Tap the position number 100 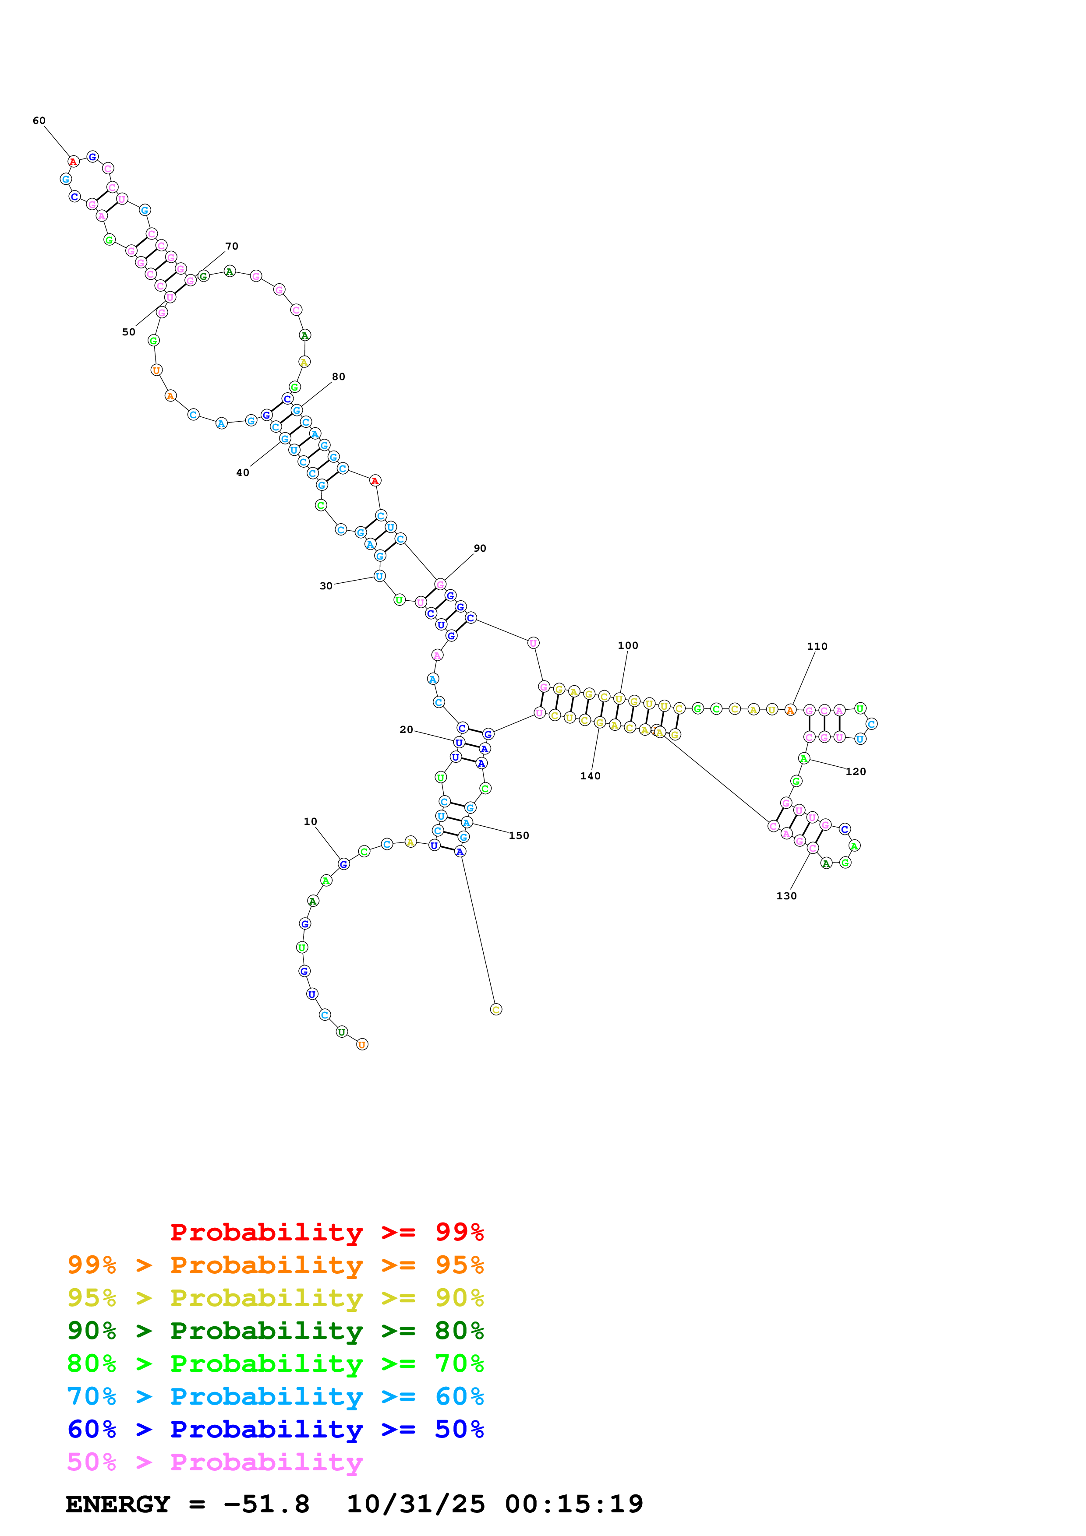pos(628,645)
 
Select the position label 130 pos(786,896)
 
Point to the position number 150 pos(519,835)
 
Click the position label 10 pos(311,821)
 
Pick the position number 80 pos(339,377)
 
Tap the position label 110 pos(817,646)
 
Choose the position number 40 pos(242,472)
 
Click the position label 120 pos(856,772)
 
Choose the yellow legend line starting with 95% pos(275,1297)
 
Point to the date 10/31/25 pos(416,1504)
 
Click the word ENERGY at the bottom pos(118,1504)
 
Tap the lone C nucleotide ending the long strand pos(496,1010)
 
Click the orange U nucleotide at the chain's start pos(362,1044)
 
